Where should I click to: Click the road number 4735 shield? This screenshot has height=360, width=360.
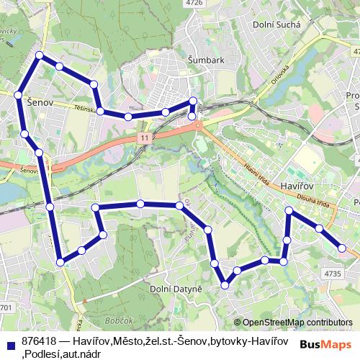click(332, 274)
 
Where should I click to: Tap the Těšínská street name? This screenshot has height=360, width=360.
click(82, 108)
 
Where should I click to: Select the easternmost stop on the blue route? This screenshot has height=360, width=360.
click(342, 248)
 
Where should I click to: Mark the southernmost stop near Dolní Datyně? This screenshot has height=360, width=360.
click(225, 284)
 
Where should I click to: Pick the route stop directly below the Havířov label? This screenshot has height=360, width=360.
click(289, 211)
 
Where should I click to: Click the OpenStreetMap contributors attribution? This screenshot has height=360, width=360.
click(297, 322)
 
